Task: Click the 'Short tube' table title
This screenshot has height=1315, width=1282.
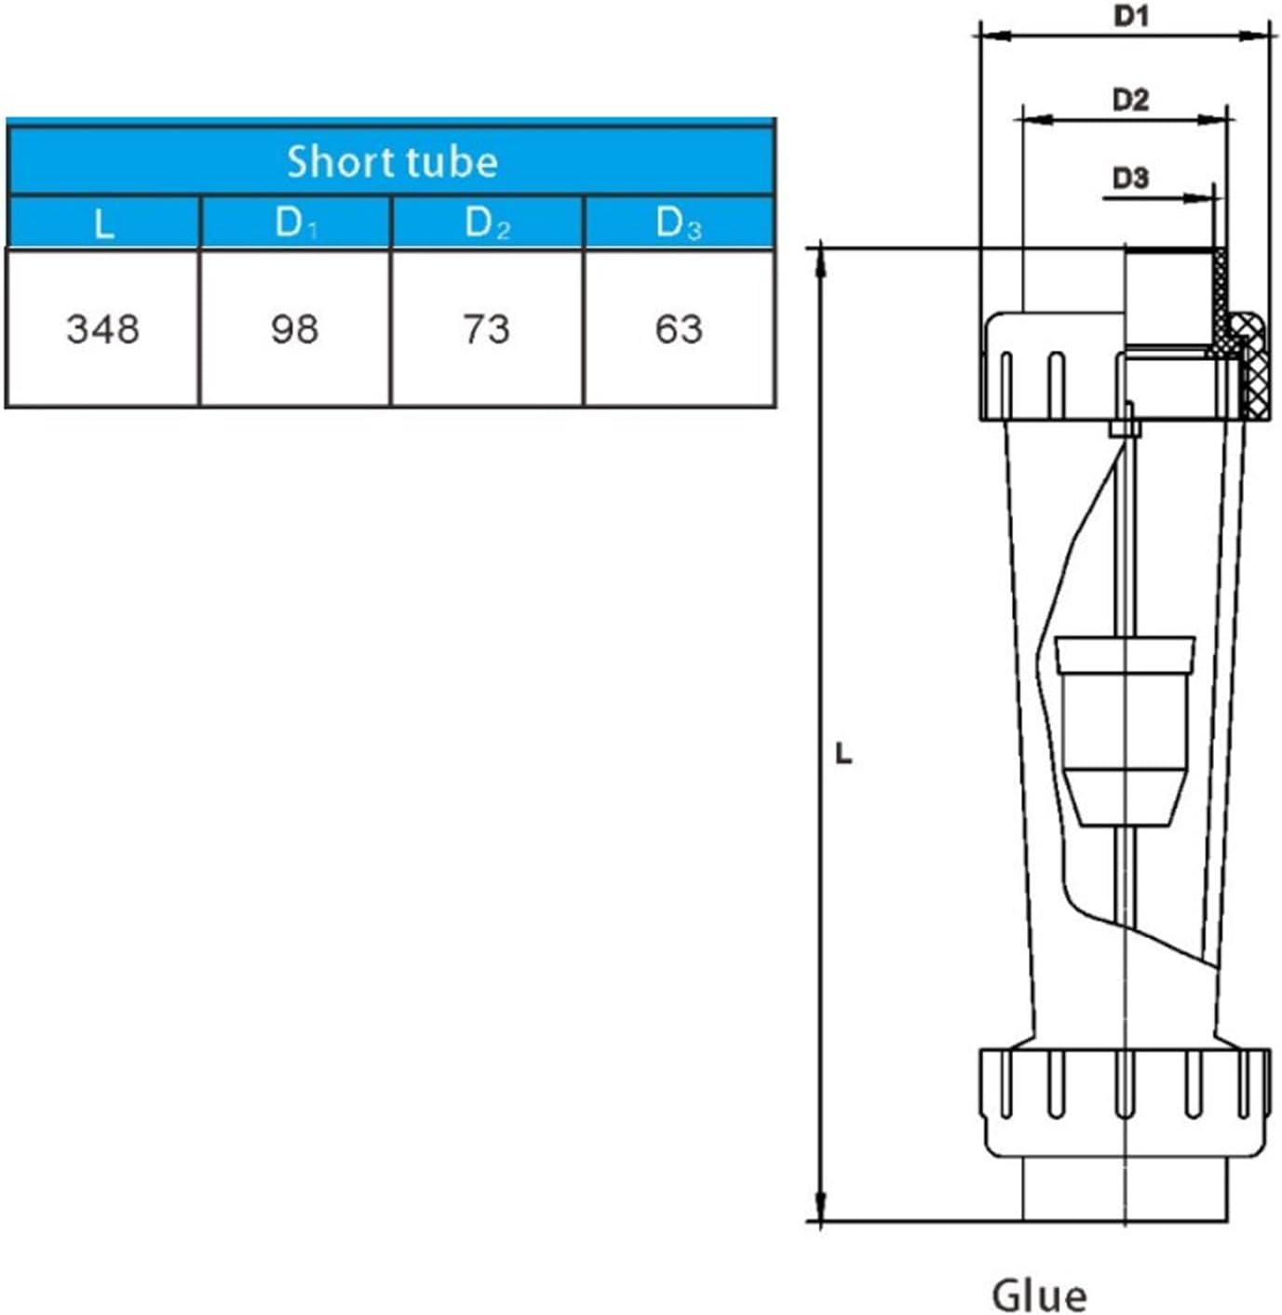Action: (391, 162)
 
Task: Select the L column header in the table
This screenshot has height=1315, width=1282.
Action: (103, 223)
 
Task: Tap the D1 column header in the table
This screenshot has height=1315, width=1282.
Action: (295, 223)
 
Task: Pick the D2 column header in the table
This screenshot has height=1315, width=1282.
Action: (487, 223)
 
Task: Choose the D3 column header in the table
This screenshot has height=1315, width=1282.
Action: (679, 223)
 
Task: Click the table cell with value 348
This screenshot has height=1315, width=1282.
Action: (103, 329)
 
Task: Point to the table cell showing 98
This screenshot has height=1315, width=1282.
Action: (295, 329)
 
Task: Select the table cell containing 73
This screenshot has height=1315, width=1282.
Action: (487, 329)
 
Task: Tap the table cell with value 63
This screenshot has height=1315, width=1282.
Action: (679, 329)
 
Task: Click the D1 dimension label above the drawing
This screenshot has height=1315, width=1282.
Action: (1131, 17)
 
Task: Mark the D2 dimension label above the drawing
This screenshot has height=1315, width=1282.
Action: (1130, 100)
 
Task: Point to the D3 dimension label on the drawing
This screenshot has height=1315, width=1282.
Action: (1130, 177)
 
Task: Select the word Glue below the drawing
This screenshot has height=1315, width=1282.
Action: (1039, 1295)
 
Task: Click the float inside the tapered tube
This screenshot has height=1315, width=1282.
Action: (1125, 731)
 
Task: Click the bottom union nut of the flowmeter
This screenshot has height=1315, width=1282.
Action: (1125, 1103)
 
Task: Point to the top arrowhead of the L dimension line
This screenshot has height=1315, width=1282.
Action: (820, 261)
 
